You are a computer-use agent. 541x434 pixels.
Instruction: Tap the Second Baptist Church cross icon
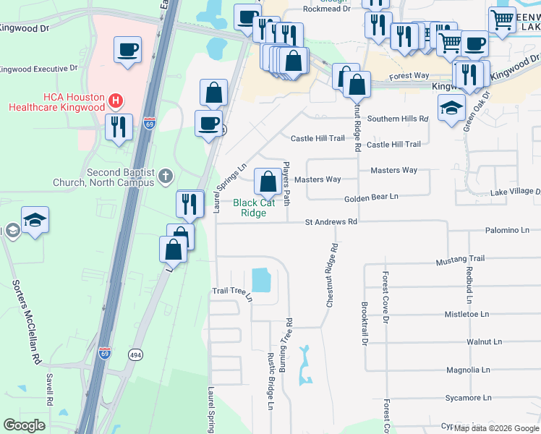(166, 174)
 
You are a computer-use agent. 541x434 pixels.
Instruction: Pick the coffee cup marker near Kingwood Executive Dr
(127, 50)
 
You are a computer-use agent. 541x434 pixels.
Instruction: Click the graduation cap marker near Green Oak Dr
(452, 109)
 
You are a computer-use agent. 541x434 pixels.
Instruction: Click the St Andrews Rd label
(331, 222)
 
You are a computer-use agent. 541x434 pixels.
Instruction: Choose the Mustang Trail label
(460, 259)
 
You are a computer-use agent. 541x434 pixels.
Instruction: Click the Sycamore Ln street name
(467, 398)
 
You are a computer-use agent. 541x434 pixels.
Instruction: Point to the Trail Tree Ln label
(232, 292)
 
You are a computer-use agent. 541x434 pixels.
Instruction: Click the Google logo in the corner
(24, 425)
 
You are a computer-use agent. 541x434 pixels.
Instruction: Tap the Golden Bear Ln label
(370, 196)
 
